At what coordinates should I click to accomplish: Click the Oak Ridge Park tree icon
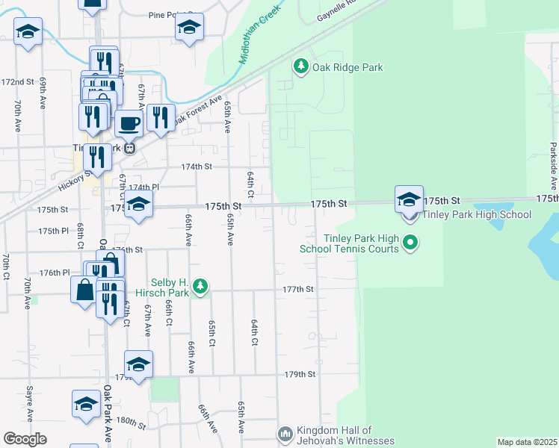(x=300, y=67)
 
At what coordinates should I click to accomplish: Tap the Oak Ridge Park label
(x=348, y=67)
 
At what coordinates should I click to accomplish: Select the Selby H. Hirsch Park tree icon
(x=200, y=286)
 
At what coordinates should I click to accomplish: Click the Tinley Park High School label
(x=477, y=215)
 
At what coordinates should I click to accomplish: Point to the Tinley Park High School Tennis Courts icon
(x=410, y=242)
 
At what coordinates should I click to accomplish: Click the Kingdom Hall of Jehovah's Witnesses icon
(x=285, y=434)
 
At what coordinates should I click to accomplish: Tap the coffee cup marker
(x=129, y=122)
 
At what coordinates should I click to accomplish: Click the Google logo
(x=25, y=439)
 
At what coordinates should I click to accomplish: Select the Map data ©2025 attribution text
(x=526, y=442)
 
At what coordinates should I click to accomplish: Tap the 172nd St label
(x=18, y=81)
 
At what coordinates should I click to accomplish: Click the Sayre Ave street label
(x=29, y=404)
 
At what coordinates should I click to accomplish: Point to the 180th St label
(x=130, y=423)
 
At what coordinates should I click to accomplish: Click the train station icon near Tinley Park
(x=129, y=147)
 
